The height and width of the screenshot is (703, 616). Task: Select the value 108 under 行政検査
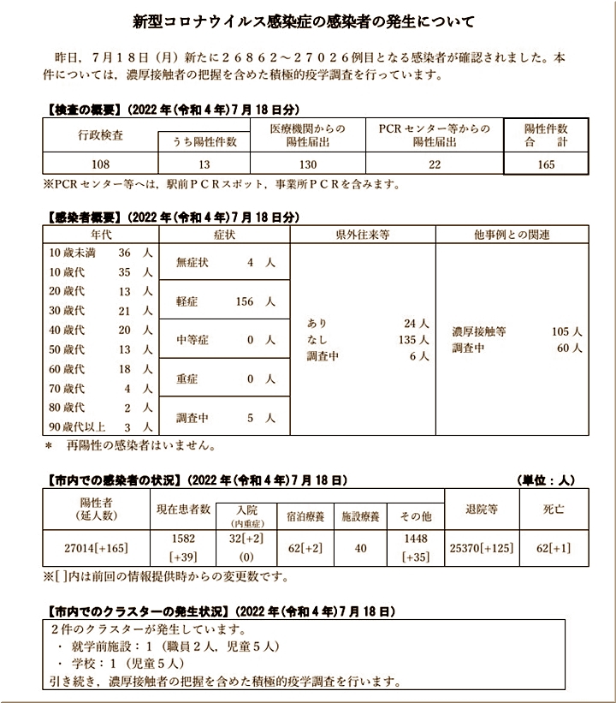[x=100, y=164]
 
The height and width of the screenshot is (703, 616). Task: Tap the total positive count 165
[x=545, y=164]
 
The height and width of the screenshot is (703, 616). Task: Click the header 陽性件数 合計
[x=545, y=135]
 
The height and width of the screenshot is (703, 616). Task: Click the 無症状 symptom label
[x=192, y=263]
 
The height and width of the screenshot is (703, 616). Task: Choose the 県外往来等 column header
[x=363, y=234]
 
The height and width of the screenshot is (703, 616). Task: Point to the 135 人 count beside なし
[x=407, y=340]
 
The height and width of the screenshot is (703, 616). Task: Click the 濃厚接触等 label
[x=479, y=331]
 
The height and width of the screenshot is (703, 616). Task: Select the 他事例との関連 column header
[x=512, y=234]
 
